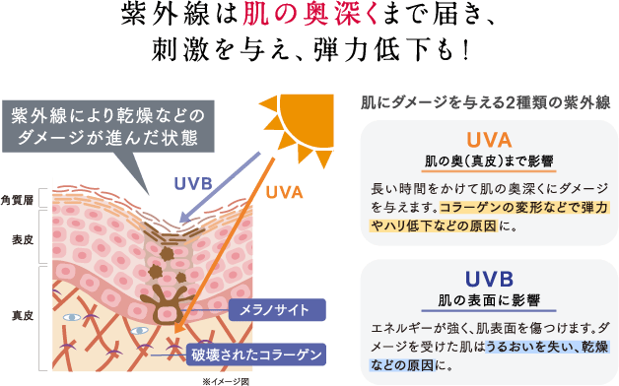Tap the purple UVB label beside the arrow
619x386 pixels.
pyautogui.click(x=193, y=182)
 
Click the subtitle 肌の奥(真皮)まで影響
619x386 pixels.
pyautogui.click(x=489, y=161)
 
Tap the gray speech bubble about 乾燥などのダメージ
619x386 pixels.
pyautogui.click(x=104, y=124)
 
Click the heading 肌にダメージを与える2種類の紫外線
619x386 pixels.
pyautogui.click(x=489, y=101)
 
